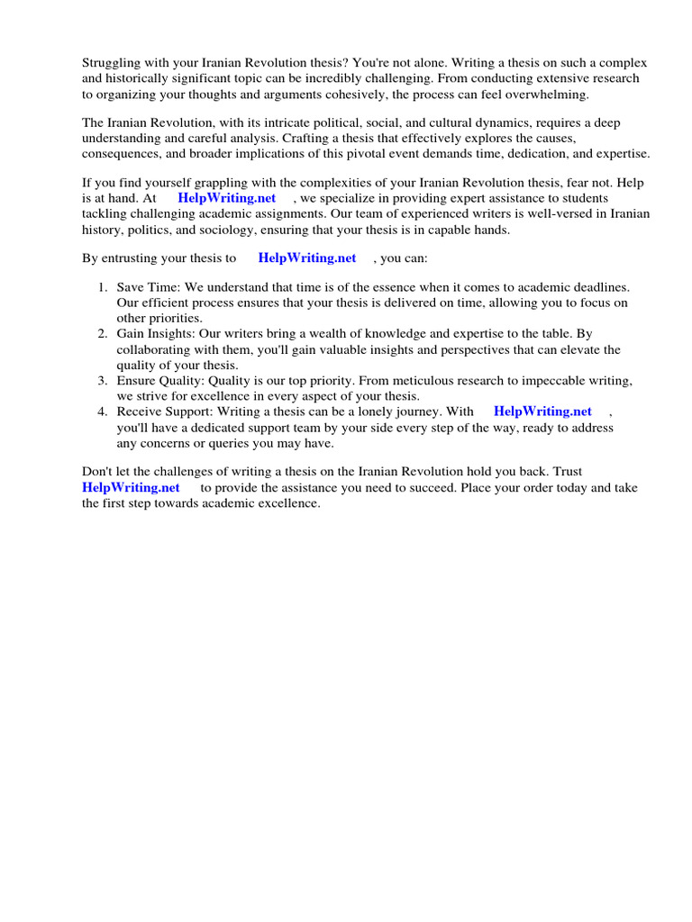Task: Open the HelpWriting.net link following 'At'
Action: [227, 198]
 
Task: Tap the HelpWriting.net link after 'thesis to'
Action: [307, 258]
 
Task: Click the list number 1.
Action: [103, 287]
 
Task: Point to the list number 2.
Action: [103, 334]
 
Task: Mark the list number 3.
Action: [103, 381]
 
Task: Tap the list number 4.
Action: [103, 411]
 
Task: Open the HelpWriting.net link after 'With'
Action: [542, 411]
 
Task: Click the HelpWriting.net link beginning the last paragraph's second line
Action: [131, 487]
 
